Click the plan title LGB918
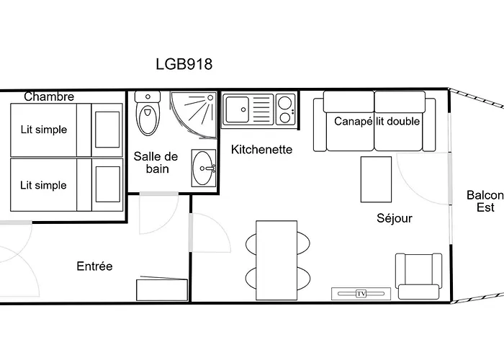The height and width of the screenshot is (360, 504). tap(184, 64)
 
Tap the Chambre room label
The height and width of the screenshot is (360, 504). tap(49, 96)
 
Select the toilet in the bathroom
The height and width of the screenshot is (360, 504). tap(148, 113)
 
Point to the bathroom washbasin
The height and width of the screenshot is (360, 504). tap(204, 168)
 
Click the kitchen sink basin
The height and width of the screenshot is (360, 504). tap(237, 109)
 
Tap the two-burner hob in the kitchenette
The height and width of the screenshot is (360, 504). tap(285, 109)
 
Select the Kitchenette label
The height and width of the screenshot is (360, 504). tap(261, 150)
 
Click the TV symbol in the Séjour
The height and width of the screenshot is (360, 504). tap(361, 294)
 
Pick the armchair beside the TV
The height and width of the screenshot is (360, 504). tap(418, 276)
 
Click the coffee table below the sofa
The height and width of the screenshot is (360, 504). tap(376, 179)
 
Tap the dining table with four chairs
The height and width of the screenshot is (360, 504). tap(276, 260)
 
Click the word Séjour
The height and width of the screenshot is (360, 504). tap(395, 218)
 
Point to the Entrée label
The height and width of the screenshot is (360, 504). tap(94, 266)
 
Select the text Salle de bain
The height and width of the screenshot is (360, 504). tap(156, 162)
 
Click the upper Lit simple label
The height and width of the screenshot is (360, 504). tap(44, 130)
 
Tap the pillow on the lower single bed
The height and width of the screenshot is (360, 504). tap(108, 184)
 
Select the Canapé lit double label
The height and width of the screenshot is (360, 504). tap(377, 121)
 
